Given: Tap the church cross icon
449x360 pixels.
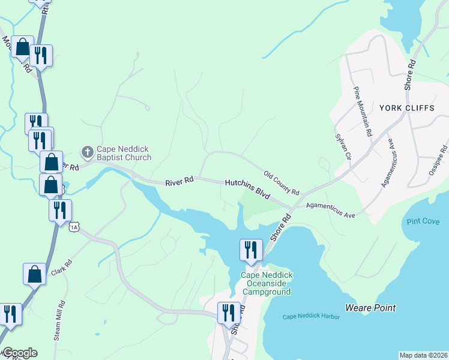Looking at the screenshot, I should click(x=87, y=153).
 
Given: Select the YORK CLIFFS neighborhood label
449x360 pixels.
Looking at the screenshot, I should click(x=405, y=108).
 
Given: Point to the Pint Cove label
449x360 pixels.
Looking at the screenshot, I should click(x=423, y=221).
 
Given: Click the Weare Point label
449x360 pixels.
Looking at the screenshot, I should click(x=370, y=308).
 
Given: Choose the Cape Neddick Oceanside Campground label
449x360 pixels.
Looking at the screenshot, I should click(x=267, y=283).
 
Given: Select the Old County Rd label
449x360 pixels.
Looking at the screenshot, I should click(x=281, y=182).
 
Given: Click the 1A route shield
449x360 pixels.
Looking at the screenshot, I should click(x=74, y=226).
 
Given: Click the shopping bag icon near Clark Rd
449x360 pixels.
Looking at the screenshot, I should click(x=34, y=274).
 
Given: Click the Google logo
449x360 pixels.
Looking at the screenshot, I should click(x=19, y=353).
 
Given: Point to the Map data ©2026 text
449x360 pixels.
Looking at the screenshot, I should click(x=423, y=355).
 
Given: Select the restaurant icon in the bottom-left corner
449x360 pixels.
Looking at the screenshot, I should click(x=10, y=313).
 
